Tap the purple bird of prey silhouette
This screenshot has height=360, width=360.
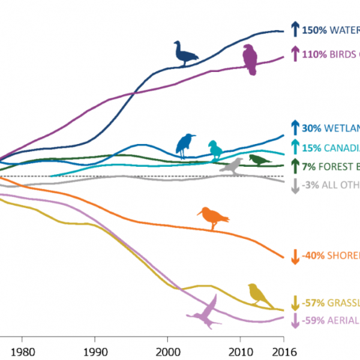(250, 60)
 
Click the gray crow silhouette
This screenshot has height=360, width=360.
(232, 166)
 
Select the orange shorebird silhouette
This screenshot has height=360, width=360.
(213, 217)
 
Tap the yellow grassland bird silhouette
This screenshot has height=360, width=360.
(260, 294)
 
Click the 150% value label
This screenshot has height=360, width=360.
(313, 29)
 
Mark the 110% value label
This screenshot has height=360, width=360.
(313, 54)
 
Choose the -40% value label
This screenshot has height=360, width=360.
(313, 256)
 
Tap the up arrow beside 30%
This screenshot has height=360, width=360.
(295, 128)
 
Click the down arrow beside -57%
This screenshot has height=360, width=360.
(295, 302)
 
